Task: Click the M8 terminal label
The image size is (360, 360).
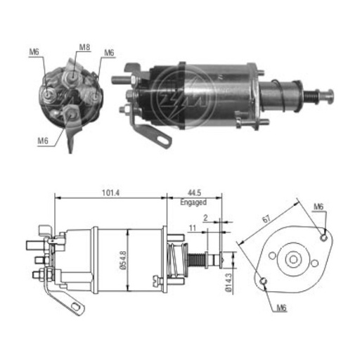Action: (x=84, y=48)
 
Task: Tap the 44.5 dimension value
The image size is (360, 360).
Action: (x=192, y=191)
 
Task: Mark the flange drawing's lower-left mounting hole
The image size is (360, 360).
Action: (x=263, y=281)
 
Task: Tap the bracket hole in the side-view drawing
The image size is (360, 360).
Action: (x=72, y=306)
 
